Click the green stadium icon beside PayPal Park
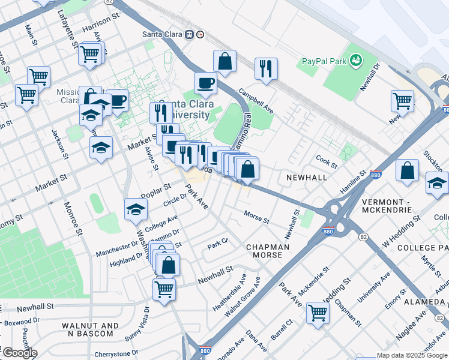pyautogui.click(x=356, y=60)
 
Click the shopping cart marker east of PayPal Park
pyautogui.click(x=402, y=101)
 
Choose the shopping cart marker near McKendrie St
pyautogui.click(x=317, y=313)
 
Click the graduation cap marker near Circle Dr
pyautogui.click(x=136, y=209)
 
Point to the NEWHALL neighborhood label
pyautogui.click(x=306, y=178)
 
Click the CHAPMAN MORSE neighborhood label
pyautogui.click(x=268, y=251)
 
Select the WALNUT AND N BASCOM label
pyautogui.click(x=90, y=329)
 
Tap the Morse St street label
pyautogui.click(x=256, y=216)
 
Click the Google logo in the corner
pyautogui.click(x=19, y=353)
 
